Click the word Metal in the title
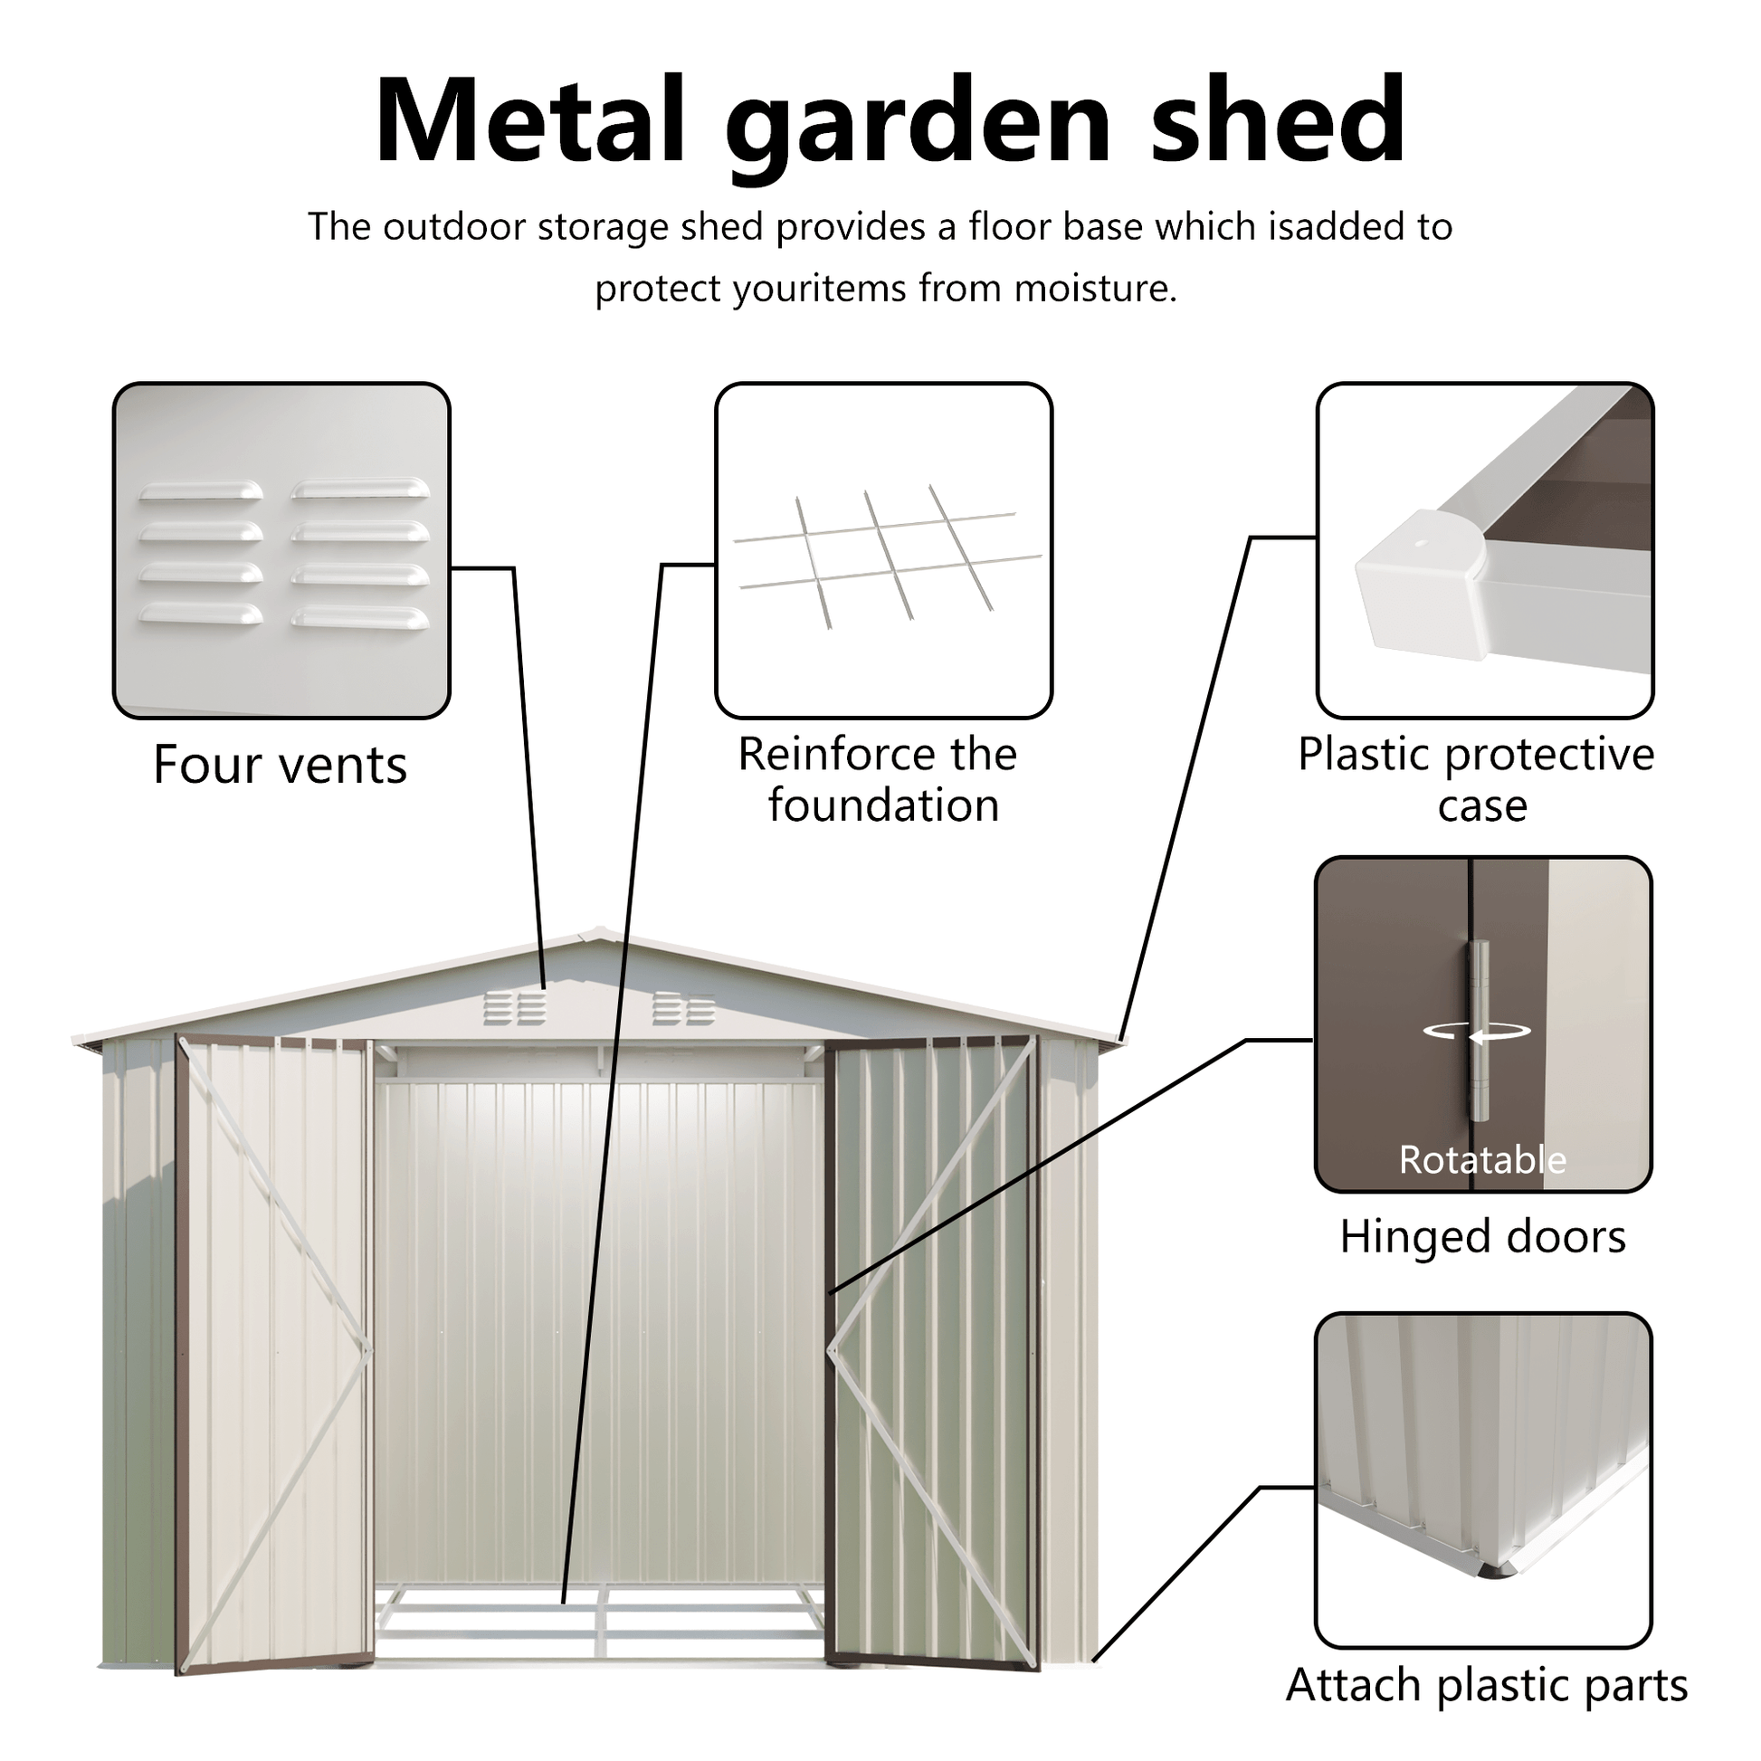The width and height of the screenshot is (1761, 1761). coord(528,120)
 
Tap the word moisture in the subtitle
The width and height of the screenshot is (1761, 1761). coord(1094,289)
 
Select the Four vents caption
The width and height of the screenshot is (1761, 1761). coord(280,765)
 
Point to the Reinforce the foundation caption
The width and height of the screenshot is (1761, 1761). coord(880,780)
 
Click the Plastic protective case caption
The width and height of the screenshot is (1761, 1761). coord(1477,780)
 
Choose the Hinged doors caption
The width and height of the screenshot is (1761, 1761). coord(1483,1237)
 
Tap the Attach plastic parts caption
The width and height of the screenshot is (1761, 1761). coord(1487,1685)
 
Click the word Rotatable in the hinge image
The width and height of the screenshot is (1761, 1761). coord(1483,1160)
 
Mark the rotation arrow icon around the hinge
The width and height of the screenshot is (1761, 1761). coord(1478,1032)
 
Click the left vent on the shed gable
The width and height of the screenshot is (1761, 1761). coord(514,1009)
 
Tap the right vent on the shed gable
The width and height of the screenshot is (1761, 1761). coord(683,1009)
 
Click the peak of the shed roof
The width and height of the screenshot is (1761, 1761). coord(597,933)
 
